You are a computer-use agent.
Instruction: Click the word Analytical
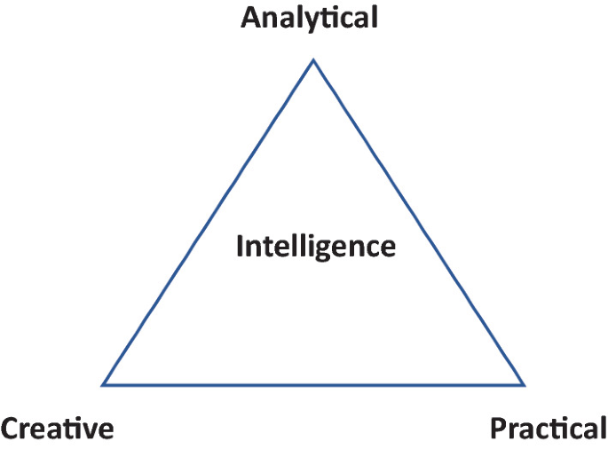click(x=310, y=18)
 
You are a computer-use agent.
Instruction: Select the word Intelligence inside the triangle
click(x=315, y=246)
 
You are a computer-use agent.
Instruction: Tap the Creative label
click(x=58, y=429)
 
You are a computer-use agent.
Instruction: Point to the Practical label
click(x=549, y=429)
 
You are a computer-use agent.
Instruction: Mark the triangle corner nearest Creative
click(x=104, y=384)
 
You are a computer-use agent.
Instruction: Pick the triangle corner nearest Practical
click(x=524, y=384)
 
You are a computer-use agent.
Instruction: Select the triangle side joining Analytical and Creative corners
click(x=209, y=222)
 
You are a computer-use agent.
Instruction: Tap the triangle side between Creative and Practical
click(x=313, y=384)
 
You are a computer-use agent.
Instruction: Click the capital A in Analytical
click(x=251, y=18)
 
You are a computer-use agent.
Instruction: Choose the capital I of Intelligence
click(x=240, y=246)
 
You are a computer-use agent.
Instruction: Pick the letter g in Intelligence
click(x=328, y=249)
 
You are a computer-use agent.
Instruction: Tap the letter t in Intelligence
click(x=266, y=246)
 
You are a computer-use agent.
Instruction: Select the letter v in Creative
click(x=88, y=431)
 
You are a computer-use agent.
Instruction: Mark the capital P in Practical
click(x=498, y=429)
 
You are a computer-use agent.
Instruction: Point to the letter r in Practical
click(x=513, y=431)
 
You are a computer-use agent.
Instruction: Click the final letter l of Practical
click(x=603, y=429)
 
